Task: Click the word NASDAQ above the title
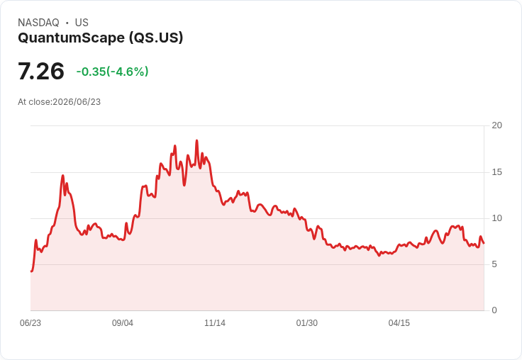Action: click(38, 23)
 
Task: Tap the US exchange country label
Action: click(82, 23)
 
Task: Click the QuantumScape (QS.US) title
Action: click(101, 38)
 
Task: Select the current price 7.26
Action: click(41, 71)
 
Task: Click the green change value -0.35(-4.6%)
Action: click(113, 72)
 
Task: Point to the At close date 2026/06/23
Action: click(77, 102)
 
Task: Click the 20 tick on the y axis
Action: click(496, 125)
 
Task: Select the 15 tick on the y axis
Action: click(496, 172)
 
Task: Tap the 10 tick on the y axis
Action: click(496, 218)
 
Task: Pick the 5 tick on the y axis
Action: click(494, 264)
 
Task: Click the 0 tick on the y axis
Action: click(494, 310)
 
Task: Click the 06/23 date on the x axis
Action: click(30, 323)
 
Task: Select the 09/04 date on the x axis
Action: click(123, 323)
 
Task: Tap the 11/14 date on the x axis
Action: click(215, 323)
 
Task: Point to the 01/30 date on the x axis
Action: click(307, 323)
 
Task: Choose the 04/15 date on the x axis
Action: click(399, 323)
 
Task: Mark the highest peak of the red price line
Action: click(196, 140)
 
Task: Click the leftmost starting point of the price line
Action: click(31, 271)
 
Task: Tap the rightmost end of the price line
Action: click(484, 243)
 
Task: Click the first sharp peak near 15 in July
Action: click(62, 175)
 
